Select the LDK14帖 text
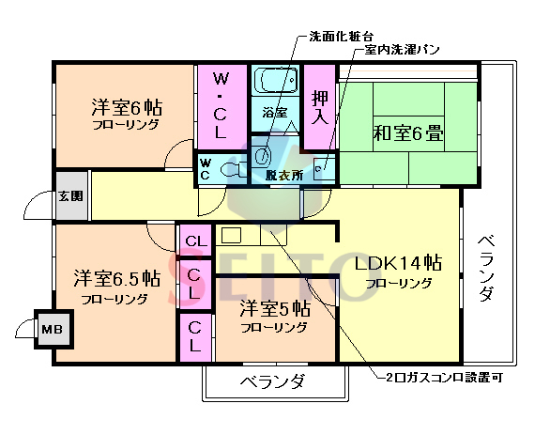pos(398,263)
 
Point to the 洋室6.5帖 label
pos(114,279)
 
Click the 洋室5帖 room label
pos(274,307)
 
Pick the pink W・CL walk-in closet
pos(221,105)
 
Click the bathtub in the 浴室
pos(275,84)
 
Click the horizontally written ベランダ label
pos(272,382)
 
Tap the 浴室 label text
pos(274,113)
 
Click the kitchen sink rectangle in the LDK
pos(232,236)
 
